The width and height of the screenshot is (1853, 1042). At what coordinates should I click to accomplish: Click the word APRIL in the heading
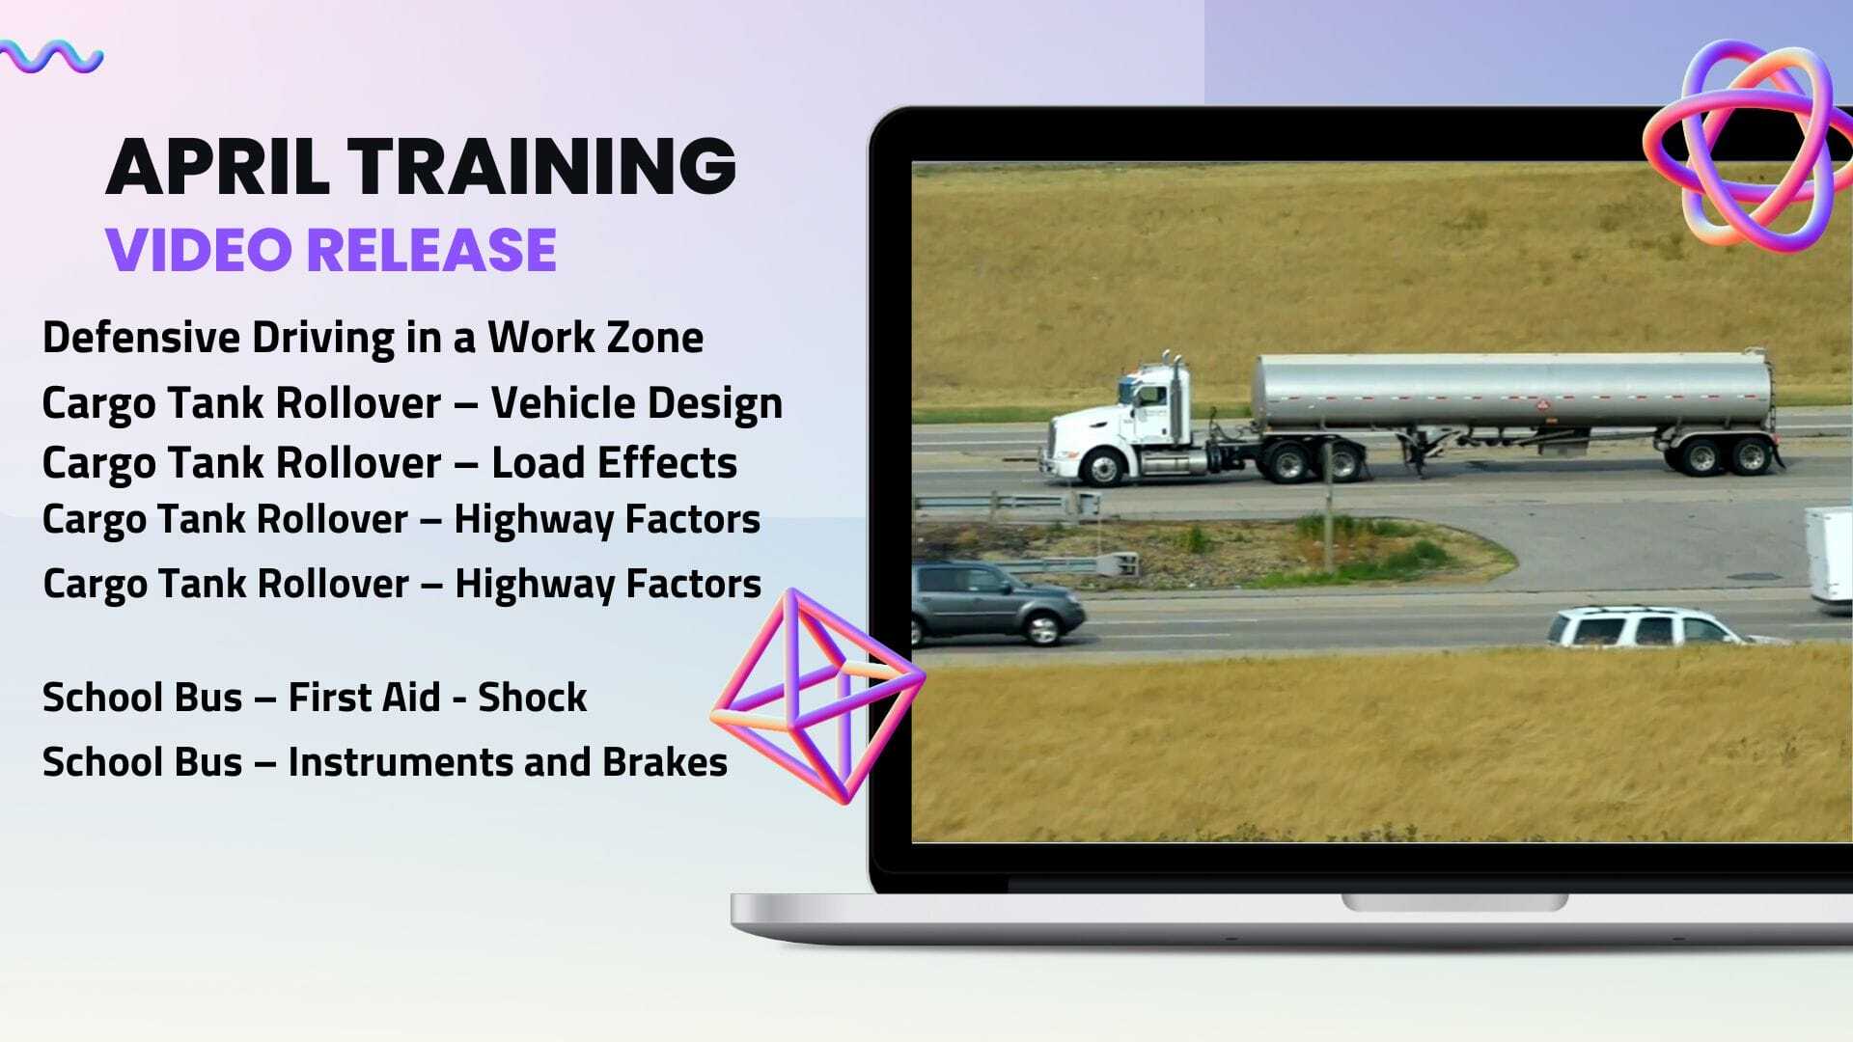[218, 166]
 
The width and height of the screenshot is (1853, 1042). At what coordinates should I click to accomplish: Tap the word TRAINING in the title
[542, 166]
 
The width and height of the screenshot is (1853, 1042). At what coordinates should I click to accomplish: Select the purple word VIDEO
[199, 250]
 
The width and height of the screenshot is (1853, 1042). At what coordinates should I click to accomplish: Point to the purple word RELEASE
[432, 250]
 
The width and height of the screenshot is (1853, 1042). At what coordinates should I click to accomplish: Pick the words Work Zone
[595, 338]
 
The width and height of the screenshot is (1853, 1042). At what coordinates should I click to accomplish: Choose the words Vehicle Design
[636, 403]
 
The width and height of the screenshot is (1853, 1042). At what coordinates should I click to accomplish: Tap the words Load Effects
[614, 463]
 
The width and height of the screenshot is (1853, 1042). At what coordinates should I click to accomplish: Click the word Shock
[532, 698]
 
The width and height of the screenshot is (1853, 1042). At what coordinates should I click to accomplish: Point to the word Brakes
[665, 762]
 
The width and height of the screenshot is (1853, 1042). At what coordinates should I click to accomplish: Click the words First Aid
[364, 698]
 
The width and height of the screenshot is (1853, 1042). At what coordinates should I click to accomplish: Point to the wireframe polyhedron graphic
[816, 695]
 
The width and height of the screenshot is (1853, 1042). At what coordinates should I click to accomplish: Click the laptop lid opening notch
[1454, 903]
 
